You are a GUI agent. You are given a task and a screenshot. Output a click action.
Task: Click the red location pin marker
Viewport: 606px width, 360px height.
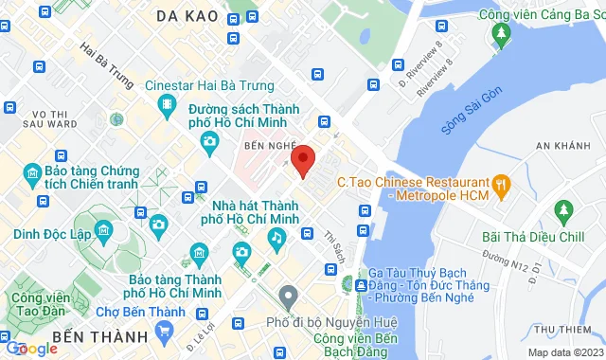[x=302, y=160]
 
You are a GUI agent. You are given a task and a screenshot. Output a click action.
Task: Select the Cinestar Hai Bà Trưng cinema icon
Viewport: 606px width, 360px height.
[x=168, y=104]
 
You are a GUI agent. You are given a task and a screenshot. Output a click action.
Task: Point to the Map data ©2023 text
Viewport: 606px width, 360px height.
[x=565, y=352]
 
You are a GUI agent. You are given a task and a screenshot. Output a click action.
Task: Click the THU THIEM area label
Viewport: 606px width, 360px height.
[x=568, y=329]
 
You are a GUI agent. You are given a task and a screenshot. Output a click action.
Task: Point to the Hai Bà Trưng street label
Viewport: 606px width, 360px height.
[x=106, y=59]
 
